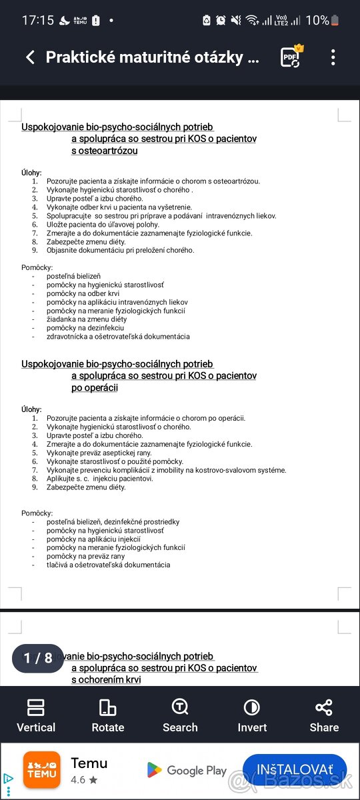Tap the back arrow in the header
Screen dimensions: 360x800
[30, 57]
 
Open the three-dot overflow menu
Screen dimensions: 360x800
[333, 57]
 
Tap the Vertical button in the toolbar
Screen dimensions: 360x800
[36, 715]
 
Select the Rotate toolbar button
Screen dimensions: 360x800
[108, 715]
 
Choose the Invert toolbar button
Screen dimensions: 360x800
[252, 715]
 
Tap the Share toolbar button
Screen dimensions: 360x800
[324, 715]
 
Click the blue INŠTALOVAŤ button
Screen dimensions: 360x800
[295, 770]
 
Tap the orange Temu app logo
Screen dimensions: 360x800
[42, 770]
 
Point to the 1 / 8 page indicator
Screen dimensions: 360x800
[38, 658]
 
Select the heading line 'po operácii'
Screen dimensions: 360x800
[95, 388]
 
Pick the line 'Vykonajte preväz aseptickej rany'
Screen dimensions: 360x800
[99, 453]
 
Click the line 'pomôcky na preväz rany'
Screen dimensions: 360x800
[85, 556]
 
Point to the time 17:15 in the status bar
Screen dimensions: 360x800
[37, 20]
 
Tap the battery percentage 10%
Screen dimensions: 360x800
[317, 20]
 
